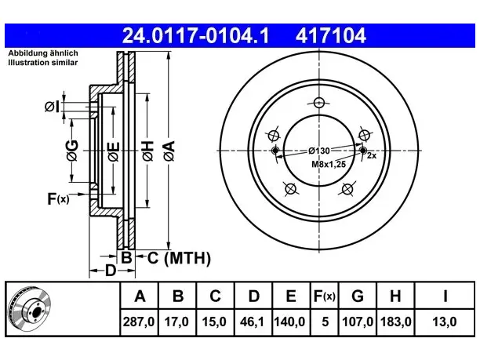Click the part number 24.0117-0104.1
click(x=195, y=35)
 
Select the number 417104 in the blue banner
click(x=331, y=35)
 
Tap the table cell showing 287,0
click(x=139, y=322)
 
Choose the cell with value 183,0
click(x=396, y=322)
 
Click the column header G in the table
click(x=358, y=296)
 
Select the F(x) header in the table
click(x=325, y=296)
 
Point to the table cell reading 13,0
click(x=445, y=322)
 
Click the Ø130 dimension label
click(x=319, y=151)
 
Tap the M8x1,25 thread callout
click(x=329, y=165)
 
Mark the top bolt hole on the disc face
click(x=319, y=103)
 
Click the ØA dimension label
click(x=169, y=151)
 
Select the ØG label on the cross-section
click(x=72, y=151)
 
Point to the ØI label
click(x=53, y=107)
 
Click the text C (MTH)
click(x=179, y=258)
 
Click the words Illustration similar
click(x=43, y=63)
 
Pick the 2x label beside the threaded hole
click(x=372, y=155)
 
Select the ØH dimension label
click(x=148, y=151)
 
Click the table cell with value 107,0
click(x=358, y=322)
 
